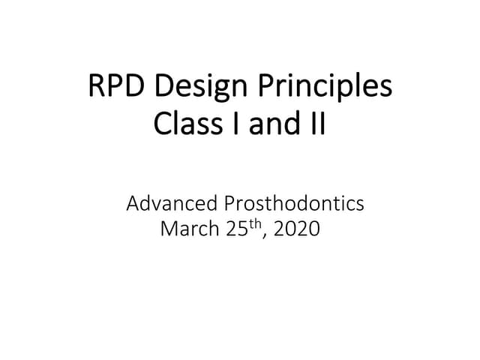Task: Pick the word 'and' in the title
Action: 266,123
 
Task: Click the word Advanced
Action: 171,203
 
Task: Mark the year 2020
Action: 297,229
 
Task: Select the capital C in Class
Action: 162,123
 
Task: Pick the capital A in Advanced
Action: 133,203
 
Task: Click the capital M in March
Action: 170,229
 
